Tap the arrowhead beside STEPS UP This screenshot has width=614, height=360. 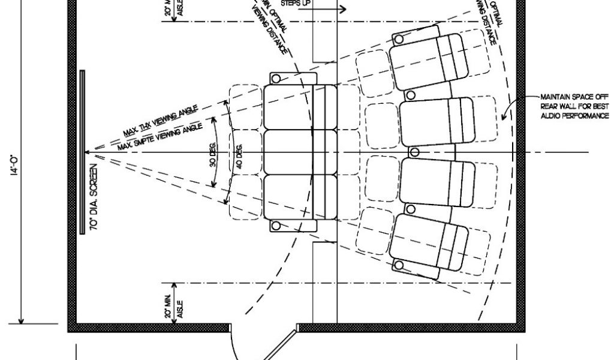342,9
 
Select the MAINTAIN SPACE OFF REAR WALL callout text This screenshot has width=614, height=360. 574,106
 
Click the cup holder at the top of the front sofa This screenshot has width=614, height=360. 276,78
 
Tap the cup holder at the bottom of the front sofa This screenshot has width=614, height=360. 276,226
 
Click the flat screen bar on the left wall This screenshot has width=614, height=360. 82,152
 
